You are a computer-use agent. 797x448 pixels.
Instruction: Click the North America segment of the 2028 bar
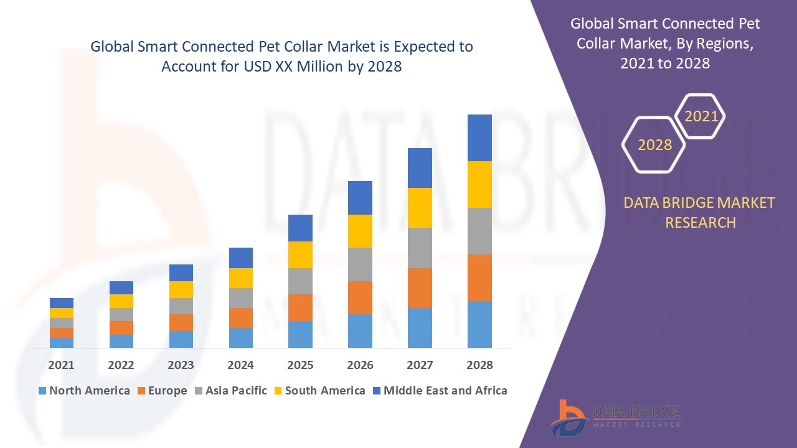[479, 324]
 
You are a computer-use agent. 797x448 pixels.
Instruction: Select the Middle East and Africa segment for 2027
[420, 168]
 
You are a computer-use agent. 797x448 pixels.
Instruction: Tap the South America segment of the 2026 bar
[360, 231]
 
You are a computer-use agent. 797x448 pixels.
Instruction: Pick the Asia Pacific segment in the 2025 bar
[300, 281]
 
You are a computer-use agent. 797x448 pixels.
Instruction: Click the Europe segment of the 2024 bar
[241, 318]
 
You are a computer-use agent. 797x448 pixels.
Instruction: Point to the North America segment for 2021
[62, 343]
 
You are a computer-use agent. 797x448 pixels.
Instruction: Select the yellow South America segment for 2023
[181, 289]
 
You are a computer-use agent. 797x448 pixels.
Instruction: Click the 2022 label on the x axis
[121, 365]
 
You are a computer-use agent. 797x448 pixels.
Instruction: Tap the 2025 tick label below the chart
[300, 365]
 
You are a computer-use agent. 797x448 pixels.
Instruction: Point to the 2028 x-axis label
[479, 365]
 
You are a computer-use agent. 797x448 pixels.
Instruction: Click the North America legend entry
[83, 391]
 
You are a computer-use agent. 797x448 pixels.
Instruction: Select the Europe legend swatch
[141, 391]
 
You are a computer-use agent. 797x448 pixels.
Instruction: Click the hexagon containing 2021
[700, 116]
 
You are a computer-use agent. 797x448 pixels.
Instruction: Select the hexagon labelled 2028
[654, 145]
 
